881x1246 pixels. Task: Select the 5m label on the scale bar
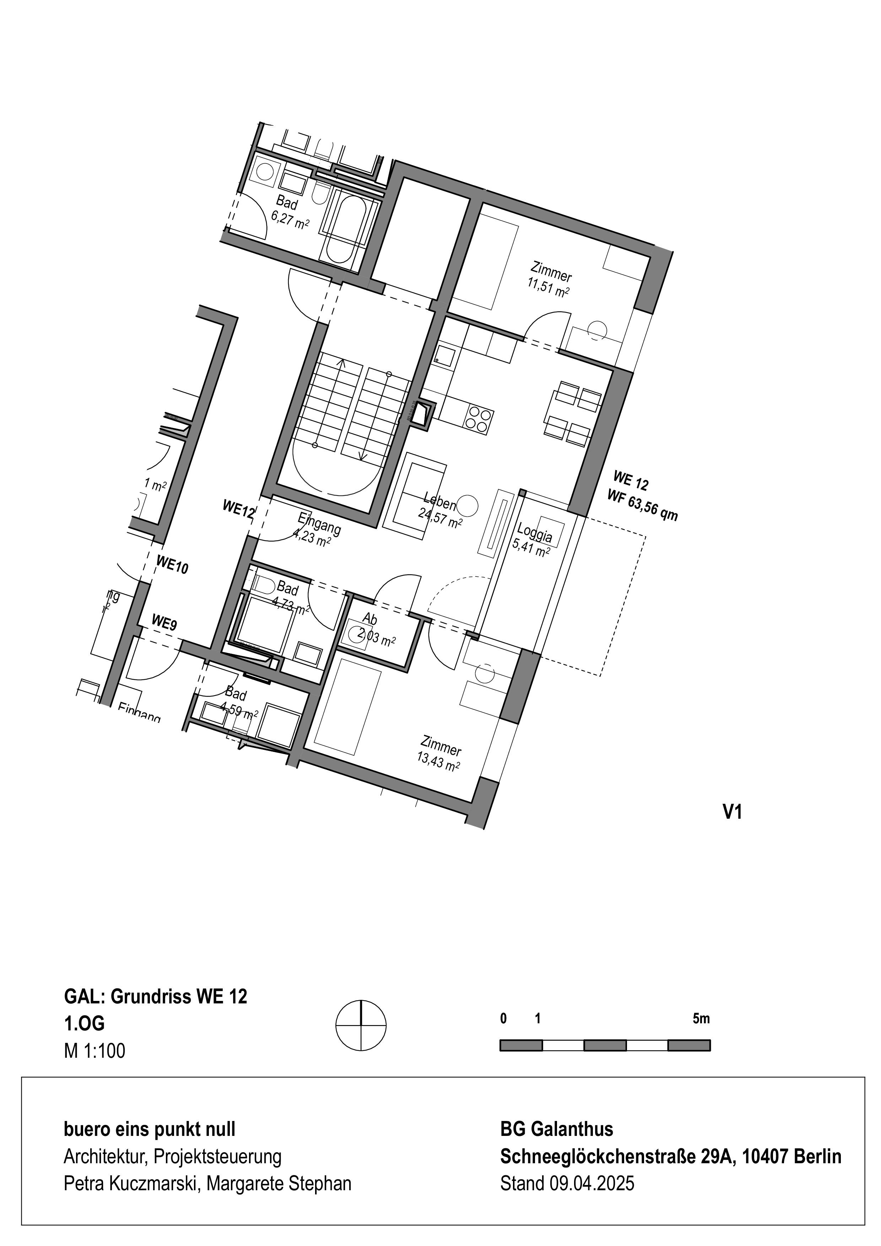coord(701,1019)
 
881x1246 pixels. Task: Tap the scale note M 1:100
coord(94,1051)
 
